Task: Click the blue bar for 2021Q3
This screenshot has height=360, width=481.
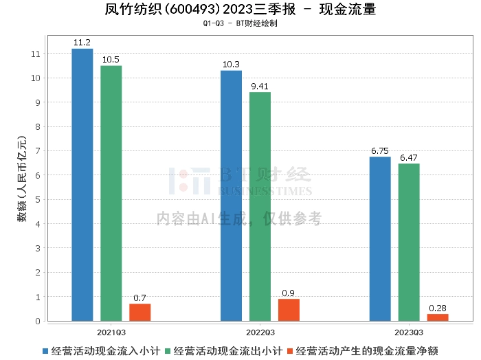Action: (82, 185)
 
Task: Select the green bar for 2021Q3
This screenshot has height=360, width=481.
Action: (111, 193)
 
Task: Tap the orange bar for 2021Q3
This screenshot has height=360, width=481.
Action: (139, 313)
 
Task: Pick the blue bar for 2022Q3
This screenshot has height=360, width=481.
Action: (231, 196)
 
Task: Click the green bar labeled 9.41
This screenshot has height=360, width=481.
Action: (260, 207)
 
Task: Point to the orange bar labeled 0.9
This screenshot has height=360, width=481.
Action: (289, 310)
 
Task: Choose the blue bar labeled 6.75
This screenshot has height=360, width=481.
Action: (380, 239)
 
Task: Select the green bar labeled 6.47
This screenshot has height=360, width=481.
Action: (409, 243)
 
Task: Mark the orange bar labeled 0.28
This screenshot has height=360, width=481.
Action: (438, 317)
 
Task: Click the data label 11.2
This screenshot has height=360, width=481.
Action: (82, 43)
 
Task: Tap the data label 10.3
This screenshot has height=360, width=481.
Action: (231, 65)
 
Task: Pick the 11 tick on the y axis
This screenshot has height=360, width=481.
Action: (35, 54)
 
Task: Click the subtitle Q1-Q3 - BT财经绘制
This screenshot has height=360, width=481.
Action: (240, 23)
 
